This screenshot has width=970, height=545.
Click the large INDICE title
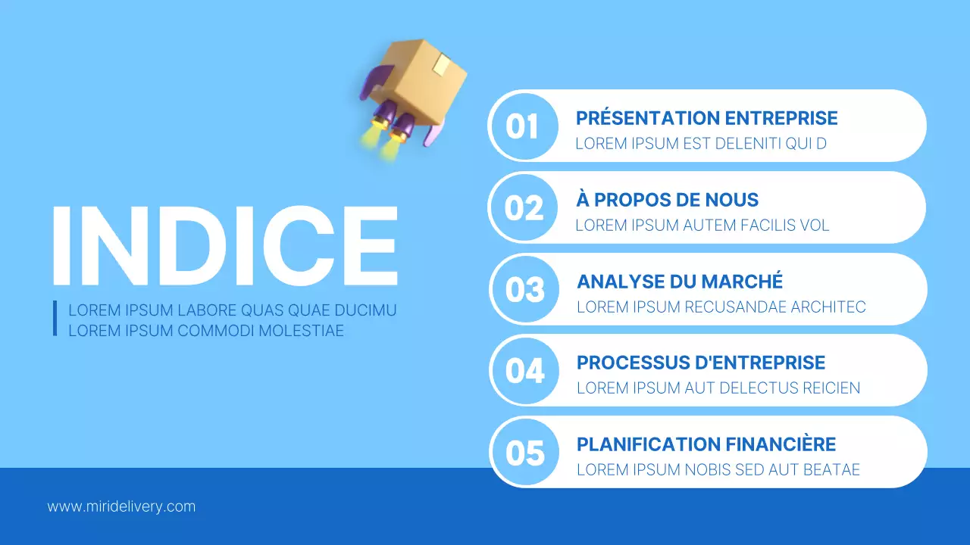coord(224,243)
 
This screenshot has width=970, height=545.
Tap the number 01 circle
coord(523,126)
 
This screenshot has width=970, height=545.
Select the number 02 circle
coord(524,207)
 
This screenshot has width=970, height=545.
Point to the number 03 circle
coord(525,289)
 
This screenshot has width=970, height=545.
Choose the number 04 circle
coord(525,371)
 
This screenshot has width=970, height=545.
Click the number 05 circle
coord(525,453)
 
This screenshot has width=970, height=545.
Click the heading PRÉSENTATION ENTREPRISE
coord(706,118)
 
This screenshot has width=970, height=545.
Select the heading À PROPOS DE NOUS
coord(667,200)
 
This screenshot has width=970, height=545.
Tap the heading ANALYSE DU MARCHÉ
coord(680,282)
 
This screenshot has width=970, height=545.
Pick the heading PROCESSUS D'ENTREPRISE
coord(701,363)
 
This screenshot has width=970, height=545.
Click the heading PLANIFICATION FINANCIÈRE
coord(706,444)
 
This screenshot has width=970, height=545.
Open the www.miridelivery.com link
coord(121,506)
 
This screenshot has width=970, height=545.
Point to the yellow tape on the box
coord(441,67)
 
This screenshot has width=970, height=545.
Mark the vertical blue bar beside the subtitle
coord(55,319)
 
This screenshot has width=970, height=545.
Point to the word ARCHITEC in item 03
coord(828,307)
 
